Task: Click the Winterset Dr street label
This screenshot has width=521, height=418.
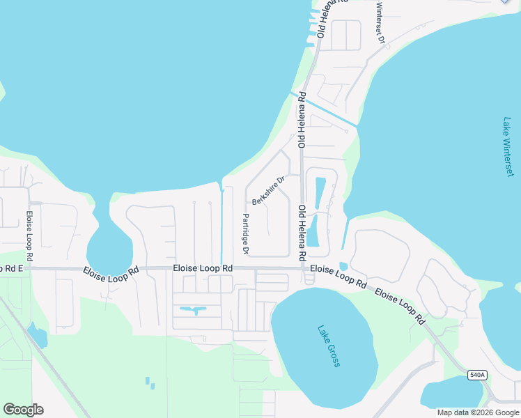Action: point(380,23)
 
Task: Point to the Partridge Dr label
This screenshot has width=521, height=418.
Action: point(245,233)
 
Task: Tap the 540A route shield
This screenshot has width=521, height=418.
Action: point(476,375)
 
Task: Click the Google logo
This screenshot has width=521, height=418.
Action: point(23,410)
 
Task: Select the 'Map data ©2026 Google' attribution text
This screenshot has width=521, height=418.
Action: point(479,412)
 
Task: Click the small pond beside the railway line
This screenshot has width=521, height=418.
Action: point(38,336)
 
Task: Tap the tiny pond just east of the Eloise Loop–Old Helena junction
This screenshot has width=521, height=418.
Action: point(343,266)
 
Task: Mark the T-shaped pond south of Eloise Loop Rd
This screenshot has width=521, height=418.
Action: point(195,309)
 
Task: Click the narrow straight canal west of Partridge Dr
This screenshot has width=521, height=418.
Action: point(222,223)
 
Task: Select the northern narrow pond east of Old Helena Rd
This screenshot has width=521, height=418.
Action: point(320,192)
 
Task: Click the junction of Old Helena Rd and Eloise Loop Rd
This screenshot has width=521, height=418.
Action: point(304,268)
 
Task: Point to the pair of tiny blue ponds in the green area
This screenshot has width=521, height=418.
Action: point(150,382)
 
